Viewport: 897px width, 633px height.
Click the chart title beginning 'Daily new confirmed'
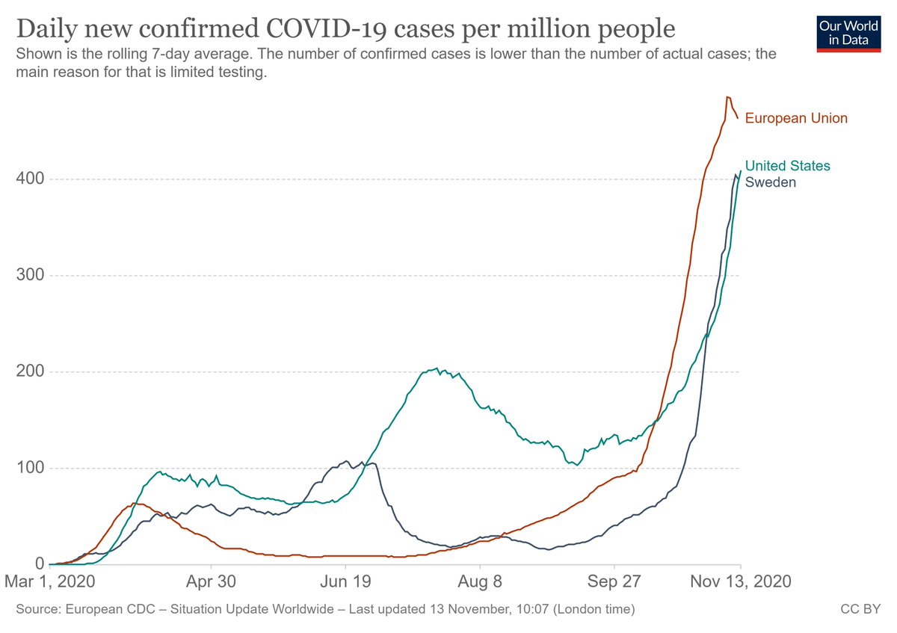tap(345, 29)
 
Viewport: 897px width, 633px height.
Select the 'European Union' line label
tap(796, 118)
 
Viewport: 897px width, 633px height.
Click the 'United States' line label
tap(787, 166)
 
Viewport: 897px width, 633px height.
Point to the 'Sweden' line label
tap(771, 182)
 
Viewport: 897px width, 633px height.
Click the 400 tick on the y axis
tap(28, 179)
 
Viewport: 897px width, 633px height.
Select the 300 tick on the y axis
tap(28, 276)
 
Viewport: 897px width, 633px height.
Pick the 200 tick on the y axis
tap(28, 372)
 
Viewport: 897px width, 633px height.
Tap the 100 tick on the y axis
tap(28, 469)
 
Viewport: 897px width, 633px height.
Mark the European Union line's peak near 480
tap(727, 97)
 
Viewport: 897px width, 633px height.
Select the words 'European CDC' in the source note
tap(105, 610)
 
